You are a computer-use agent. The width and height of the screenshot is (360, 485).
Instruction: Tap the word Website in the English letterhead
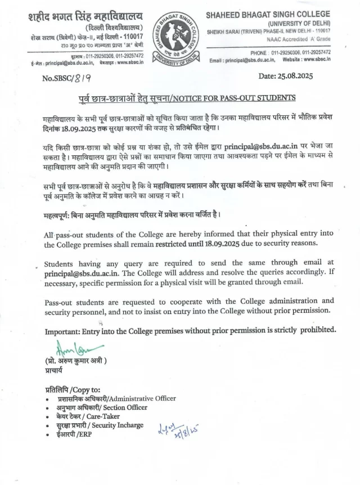294,60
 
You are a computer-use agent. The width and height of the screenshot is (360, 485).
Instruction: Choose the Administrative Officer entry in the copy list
116,398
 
